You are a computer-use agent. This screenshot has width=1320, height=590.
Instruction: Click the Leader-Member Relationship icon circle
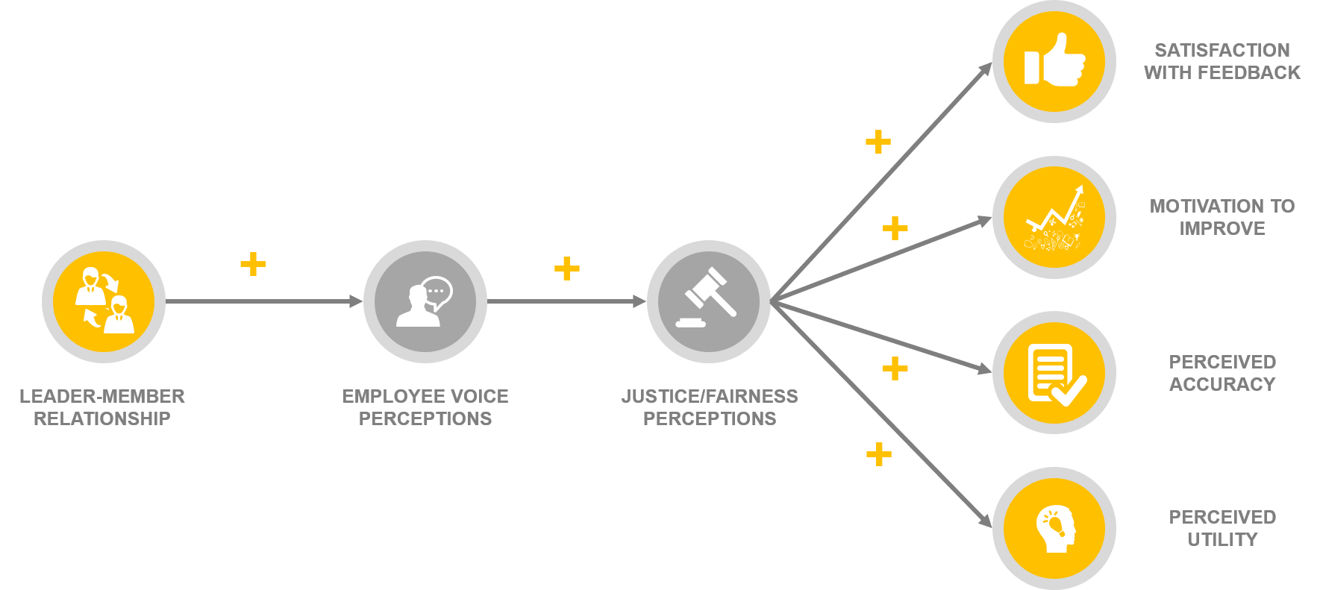(104, 302)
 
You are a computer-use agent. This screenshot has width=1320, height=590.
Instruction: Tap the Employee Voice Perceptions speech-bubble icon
(425, 302)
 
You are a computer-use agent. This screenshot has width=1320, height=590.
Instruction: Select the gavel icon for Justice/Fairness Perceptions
(708, 302)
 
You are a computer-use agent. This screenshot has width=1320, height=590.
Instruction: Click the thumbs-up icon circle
(1054, 60)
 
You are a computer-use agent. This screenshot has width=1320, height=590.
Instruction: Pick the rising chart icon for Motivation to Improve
(1054, 217)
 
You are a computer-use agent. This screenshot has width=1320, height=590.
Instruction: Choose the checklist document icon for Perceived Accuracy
(1054, 373)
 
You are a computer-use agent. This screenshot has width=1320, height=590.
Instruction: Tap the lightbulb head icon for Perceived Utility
(1054, 529)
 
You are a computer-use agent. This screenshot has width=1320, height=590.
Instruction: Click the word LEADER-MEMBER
(102, 396)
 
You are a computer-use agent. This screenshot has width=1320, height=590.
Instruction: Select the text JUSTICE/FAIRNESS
(710, 396)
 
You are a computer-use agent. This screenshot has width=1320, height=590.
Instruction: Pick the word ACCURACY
(1222, 384)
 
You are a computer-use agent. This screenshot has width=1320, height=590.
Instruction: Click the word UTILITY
(1222, 539)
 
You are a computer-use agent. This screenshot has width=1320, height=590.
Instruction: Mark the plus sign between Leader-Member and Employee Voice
(253, 264)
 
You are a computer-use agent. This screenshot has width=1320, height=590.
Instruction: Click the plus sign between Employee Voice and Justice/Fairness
(567, 269)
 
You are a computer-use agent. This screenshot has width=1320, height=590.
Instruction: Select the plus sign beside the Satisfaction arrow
(878, 142)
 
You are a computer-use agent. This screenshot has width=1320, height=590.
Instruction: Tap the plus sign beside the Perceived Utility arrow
(879, 454)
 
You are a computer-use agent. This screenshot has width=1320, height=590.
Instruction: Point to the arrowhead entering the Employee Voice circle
(357, 301)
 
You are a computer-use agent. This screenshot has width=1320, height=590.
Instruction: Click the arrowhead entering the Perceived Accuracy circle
(985, 368)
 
